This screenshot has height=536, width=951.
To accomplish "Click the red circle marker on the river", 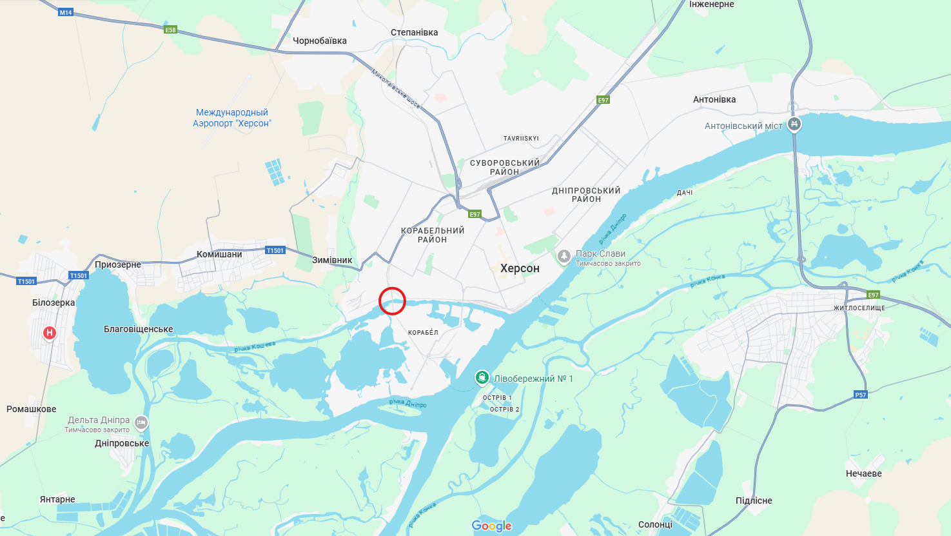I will [x=392, y=301].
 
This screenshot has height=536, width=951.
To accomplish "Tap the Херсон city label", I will [x=520, y=268].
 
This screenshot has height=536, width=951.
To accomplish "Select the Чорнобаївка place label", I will [x=320, y=41].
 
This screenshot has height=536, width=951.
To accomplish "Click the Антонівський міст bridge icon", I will [x=794, y=124].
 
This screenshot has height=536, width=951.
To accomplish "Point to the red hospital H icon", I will [x=50, y=333].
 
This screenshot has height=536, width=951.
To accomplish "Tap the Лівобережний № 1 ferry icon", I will [x=482, y=378].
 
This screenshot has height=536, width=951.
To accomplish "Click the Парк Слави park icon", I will [x=564, y=257].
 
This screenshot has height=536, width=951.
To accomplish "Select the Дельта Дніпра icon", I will [x=142, y=423].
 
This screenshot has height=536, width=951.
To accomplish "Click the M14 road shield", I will [x=66, y=12].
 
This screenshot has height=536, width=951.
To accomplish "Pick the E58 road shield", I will [x=170, y=30].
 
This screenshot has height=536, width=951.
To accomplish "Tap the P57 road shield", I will [x=861, y=395].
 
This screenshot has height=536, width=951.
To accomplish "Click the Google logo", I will [x=491, y=526].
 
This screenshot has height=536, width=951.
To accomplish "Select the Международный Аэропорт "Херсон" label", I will [x=232, y=117].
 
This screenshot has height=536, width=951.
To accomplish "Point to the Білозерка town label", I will [x=54, y=303].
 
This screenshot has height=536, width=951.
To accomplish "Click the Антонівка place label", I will [x=714, y=99].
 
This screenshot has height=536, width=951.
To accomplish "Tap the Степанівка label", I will [x=414, y=32].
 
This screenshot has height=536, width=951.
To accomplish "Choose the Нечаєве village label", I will [x=863, y=473].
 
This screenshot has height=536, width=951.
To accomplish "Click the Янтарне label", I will [x=57, y=499].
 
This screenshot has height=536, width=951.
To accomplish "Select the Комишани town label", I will [x=219, y=254].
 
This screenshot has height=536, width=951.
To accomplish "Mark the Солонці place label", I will [x=655, y=524].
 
